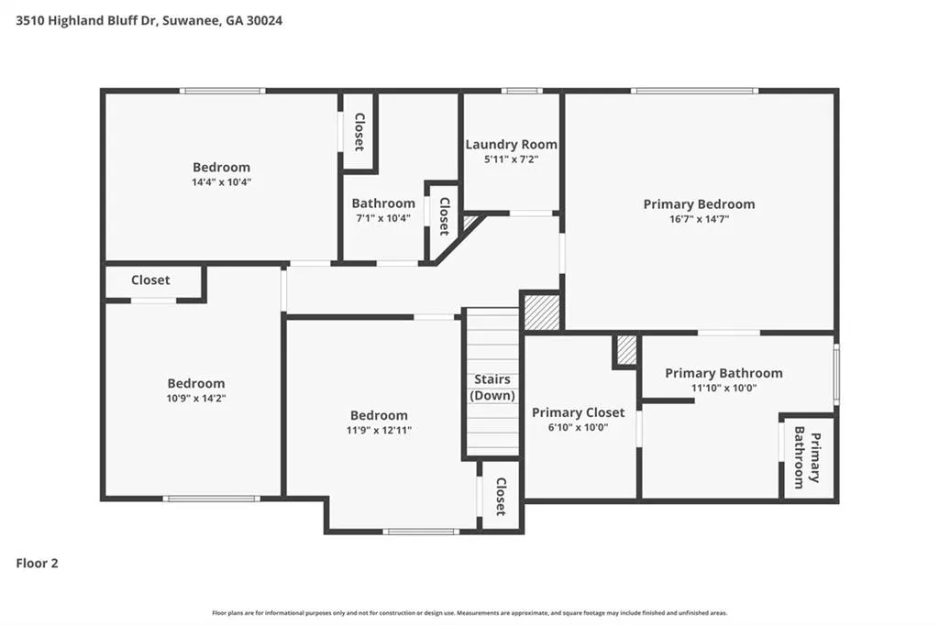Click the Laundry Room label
(511, 144)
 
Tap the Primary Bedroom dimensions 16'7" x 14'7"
(699, 219)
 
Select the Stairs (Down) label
(492, 388)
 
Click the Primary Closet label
(578, 412)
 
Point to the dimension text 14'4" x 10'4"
(221, 182)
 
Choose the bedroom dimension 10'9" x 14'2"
(196, 398)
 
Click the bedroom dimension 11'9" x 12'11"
(379, 430)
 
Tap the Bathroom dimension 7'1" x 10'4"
(383, 218)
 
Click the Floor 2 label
(37, 563)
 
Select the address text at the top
(149, 20)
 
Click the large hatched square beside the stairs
(542, 312)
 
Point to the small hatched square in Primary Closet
(626, 350)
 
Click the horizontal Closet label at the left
(150, 280)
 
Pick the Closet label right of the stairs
(502, 497)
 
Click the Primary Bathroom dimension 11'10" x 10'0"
(724, 388)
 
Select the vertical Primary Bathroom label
(807, 457)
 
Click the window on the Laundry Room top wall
(522, 91)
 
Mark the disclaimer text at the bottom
(469, 613)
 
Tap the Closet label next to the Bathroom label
(445, 216)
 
